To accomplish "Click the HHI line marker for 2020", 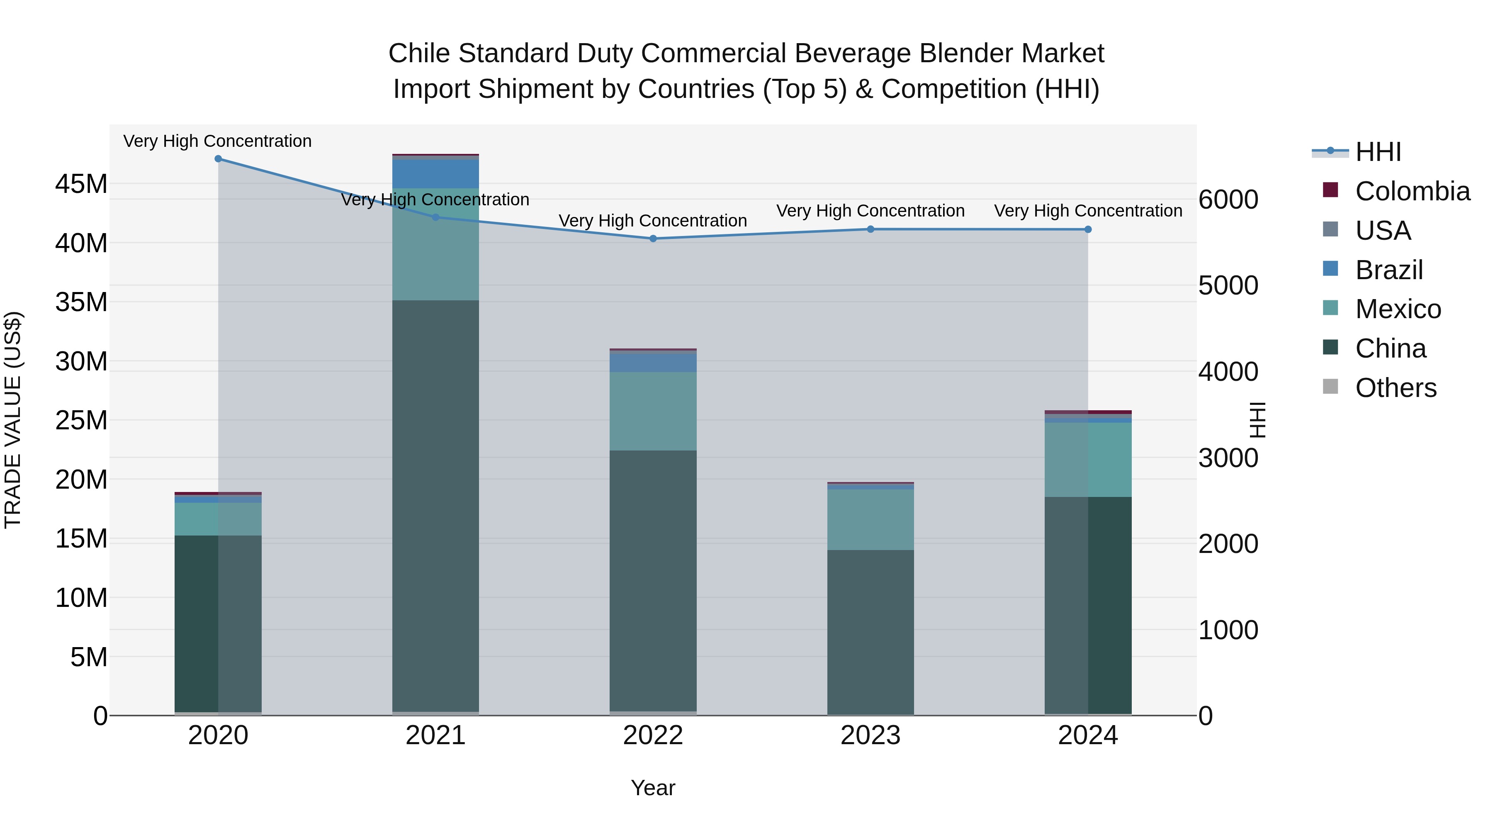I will click(218, 159).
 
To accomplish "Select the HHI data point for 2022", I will click(653, 238).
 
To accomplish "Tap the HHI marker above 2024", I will click(1088, 229).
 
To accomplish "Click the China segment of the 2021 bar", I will click(435, 504).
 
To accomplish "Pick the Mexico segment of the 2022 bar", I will click(653, 411).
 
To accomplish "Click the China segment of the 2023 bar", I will click(870, 632).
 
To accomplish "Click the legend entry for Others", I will click(1396, 388).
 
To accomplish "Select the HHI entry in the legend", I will click(1378, 152).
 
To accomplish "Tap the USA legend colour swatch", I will click(1331, 229).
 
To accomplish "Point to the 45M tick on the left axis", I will click(81, 184).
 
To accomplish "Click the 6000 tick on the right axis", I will click(1228, 200).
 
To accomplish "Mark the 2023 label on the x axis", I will click(870, 735).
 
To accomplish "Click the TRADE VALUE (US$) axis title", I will click(13, 420).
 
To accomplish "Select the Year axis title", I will click(653, 788).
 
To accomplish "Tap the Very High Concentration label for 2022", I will click(653, 221).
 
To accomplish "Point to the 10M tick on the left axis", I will click(81, 598).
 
